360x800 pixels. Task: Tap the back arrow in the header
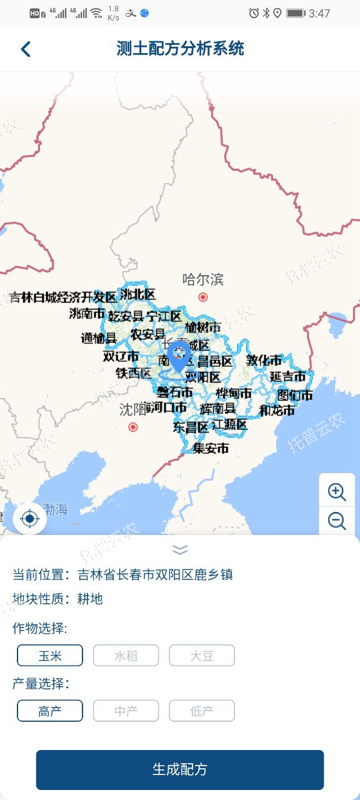tap(26, 49)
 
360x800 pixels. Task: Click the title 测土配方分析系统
tap(180, 49)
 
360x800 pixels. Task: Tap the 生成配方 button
tap(180, 769)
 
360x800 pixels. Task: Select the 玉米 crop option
tap(50, 656)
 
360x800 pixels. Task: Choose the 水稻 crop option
tap(126, 656)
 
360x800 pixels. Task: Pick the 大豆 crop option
tap(202, 656)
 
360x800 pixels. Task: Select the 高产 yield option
tap(50, 711)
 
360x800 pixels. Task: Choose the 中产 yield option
tap(126, 711)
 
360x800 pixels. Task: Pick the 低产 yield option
tap(202, 711)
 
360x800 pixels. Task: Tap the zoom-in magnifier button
tap(337, 492)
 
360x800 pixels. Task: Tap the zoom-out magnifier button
tap(337, 521)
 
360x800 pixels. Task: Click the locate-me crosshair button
tap(29, 519)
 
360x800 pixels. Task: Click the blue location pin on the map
tap(179, 357)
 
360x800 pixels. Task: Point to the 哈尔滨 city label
tap(202, 279)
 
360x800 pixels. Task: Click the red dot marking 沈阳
tap(132, 427)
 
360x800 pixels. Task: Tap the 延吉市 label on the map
tap(287, 377)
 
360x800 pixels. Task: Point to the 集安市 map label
tap(211, 448)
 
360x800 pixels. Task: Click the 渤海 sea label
tap(55, 509)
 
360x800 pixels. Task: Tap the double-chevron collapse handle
tap(180, 549)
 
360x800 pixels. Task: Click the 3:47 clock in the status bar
tap(319, 13)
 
